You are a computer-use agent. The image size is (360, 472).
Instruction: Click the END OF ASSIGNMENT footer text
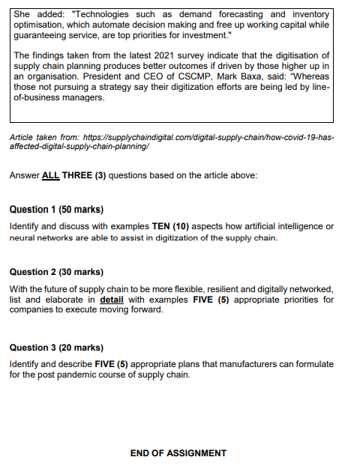pyautogui.click(x=178, y=453)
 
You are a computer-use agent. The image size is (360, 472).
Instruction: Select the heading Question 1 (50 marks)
pyautogui.click(x=56, y=209)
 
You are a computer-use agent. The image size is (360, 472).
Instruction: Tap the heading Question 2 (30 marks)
pyautogui.click(x=56, y=272)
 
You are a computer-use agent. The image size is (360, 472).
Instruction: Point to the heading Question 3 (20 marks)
pyautogui.click(x=56, y=348)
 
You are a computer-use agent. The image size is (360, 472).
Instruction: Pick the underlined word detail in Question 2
pyautogui.click(x=112, y=300)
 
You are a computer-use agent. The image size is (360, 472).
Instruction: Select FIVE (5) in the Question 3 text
pyautogui.click(x=111, y=364)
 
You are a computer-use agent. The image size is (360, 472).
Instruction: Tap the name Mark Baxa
pyautogui.click(x=234, y=76)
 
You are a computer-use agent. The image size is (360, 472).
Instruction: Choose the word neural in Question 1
pyautogui.click(x=22, y=237)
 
